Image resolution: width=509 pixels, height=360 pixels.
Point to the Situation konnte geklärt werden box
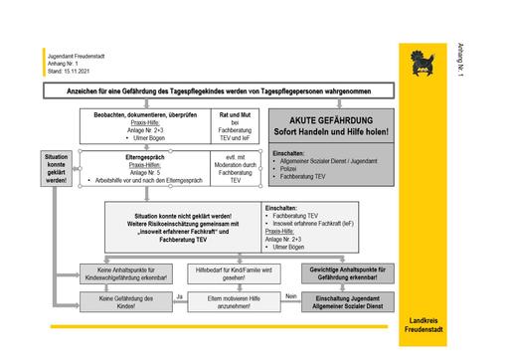coord(57,170)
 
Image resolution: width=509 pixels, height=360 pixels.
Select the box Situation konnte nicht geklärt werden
coord(181,225)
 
